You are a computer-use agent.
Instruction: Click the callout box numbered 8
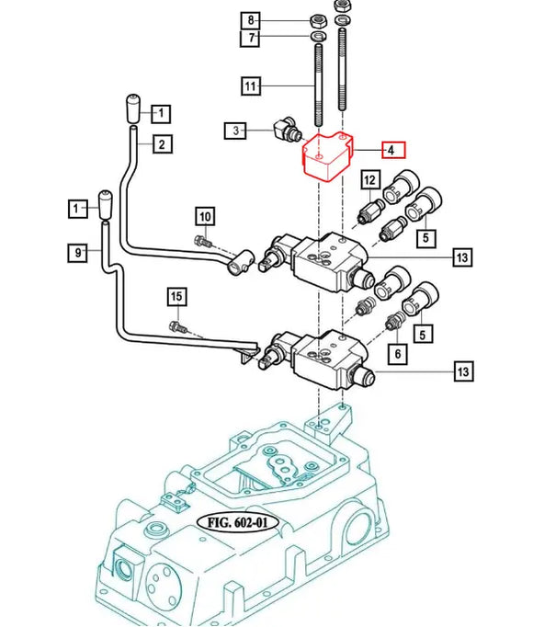[x=250, y=20]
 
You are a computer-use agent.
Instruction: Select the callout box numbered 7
[x=250, y=38]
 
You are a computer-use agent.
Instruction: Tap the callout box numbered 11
[x=251, y=86]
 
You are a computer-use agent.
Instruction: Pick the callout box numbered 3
[x=235, y=130]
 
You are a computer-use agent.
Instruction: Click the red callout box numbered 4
[x=393, y=150]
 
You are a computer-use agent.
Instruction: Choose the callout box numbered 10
[x=205, y=217]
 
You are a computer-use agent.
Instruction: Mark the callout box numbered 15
[x=176, y=297]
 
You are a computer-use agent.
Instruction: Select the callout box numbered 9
[x=77, y=252]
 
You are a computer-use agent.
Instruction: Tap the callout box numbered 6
[x=397, y=354]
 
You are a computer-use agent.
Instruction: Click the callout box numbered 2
[x=162, y=144]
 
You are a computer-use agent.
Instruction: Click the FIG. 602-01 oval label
[x=237, y=522]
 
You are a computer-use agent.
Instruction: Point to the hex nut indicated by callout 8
[x=319, y=19]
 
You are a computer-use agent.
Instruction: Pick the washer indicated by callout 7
[x=319, y=36]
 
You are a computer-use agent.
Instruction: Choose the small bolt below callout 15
[x=178, y=327]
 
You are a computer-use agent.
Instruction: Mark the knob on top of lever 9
[x=106, y=204]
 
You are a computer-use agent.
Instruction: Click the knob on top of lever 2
[x=133, y=108]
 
